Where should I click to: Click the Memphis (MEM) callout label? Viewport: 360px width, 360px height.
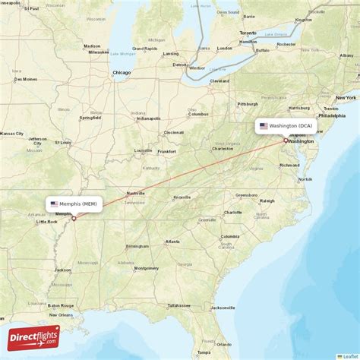74,204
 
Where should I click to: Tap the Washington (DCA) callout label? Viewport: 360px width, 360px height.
286,126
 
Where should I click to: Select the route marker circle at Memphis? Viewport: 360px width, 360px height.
74,219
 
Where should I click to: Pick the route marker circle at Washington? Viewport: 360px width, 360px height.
286,140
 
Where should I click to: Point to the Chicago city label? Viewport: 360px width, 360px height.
121,73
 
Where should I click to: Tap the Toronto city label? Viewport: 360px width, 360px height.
248,33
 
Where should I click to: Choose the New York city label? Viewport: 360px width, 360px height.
346,98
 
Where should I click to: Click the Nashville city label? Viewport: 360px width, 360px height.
136,193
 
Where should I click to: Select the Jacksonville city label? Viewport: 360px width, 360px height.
224,308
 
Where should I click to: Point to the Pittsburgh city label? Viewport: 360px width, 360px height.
247,104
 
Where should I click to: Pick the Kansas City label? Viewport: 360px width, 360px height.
11,134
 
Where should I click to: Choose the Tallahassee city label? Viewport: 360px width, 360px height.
179,305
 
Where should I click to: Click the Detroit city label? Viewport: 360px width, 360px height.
179,65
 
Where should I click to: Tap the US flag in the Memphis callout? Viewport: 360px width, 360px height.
54,204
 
